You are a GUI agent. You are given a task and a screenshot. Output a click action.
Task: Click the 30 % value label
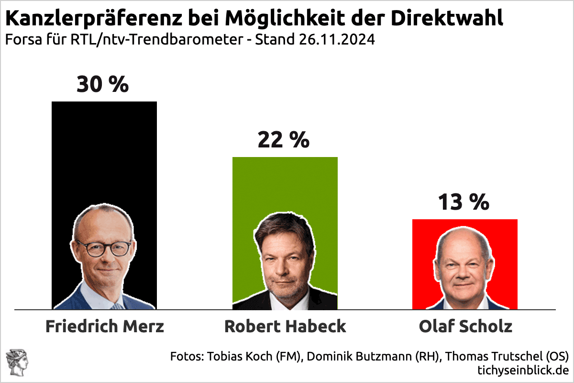point(103,84)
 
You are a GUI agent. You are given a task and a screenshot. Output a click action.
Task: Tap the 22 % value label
point(283,140)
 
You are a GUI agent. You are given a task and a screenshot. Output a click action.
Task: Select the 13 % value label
point(464,202)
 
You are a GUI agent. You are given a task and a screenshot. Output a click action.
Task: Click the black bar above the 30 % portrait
point(104,153)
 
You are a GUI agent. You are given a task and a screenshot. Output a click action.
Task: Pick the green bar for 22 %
point(285,187)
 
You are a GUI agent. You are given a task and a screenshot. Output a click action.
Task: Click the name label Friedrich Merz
point(105,327)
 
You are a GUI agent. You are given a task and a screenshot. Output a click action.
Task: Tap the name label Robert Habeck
point(285,327)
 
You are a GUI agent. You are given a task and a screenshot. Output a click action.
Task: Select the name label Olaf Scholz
point(465,327)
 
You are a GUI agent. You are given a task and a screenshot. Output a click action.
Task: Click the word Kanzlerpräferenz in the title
point(88,19)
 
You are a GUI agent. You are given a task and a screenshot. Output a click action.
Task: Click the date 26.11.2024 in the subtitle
point(337,40)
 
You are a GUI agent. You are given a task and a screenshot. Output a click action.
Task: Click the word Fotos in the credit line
point(187,356)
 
